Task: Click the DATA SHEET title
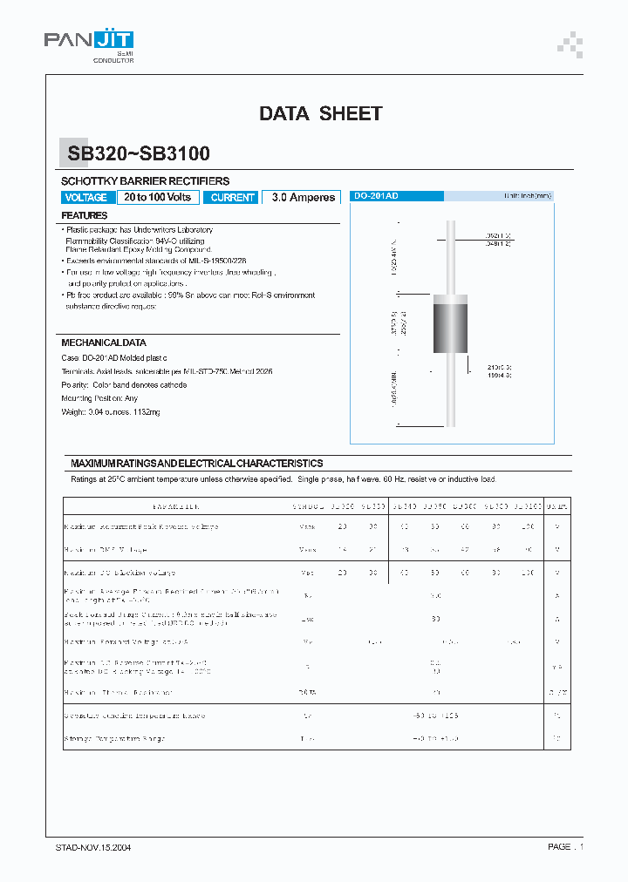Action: (320, 113)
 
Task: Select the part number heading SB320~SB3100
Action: (139, 154)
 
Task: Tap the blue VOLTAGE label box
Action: (86, 198)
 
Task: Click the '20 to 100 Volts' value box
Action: (157, 198)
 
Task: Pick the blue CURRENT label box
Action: (232, 198)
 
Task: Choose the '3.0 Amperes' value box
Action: (303, 198)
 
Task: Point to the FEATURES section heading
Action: (85, 215)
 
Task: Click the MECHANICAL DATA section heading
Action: (104, 343)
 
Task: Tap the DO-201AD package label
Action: (375, 197)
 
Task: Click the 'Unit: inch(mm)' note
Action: (527, 197)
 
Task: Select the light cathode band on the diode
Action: (451, 300)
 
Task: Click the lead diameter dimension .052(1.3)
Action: (498, 235)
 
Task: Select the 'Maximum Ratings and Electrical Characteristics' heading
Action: (196, 464)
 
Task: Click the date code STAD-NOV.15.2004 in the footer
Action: (93, 847)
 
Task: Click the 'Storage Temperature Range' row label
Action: (114, 739)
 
